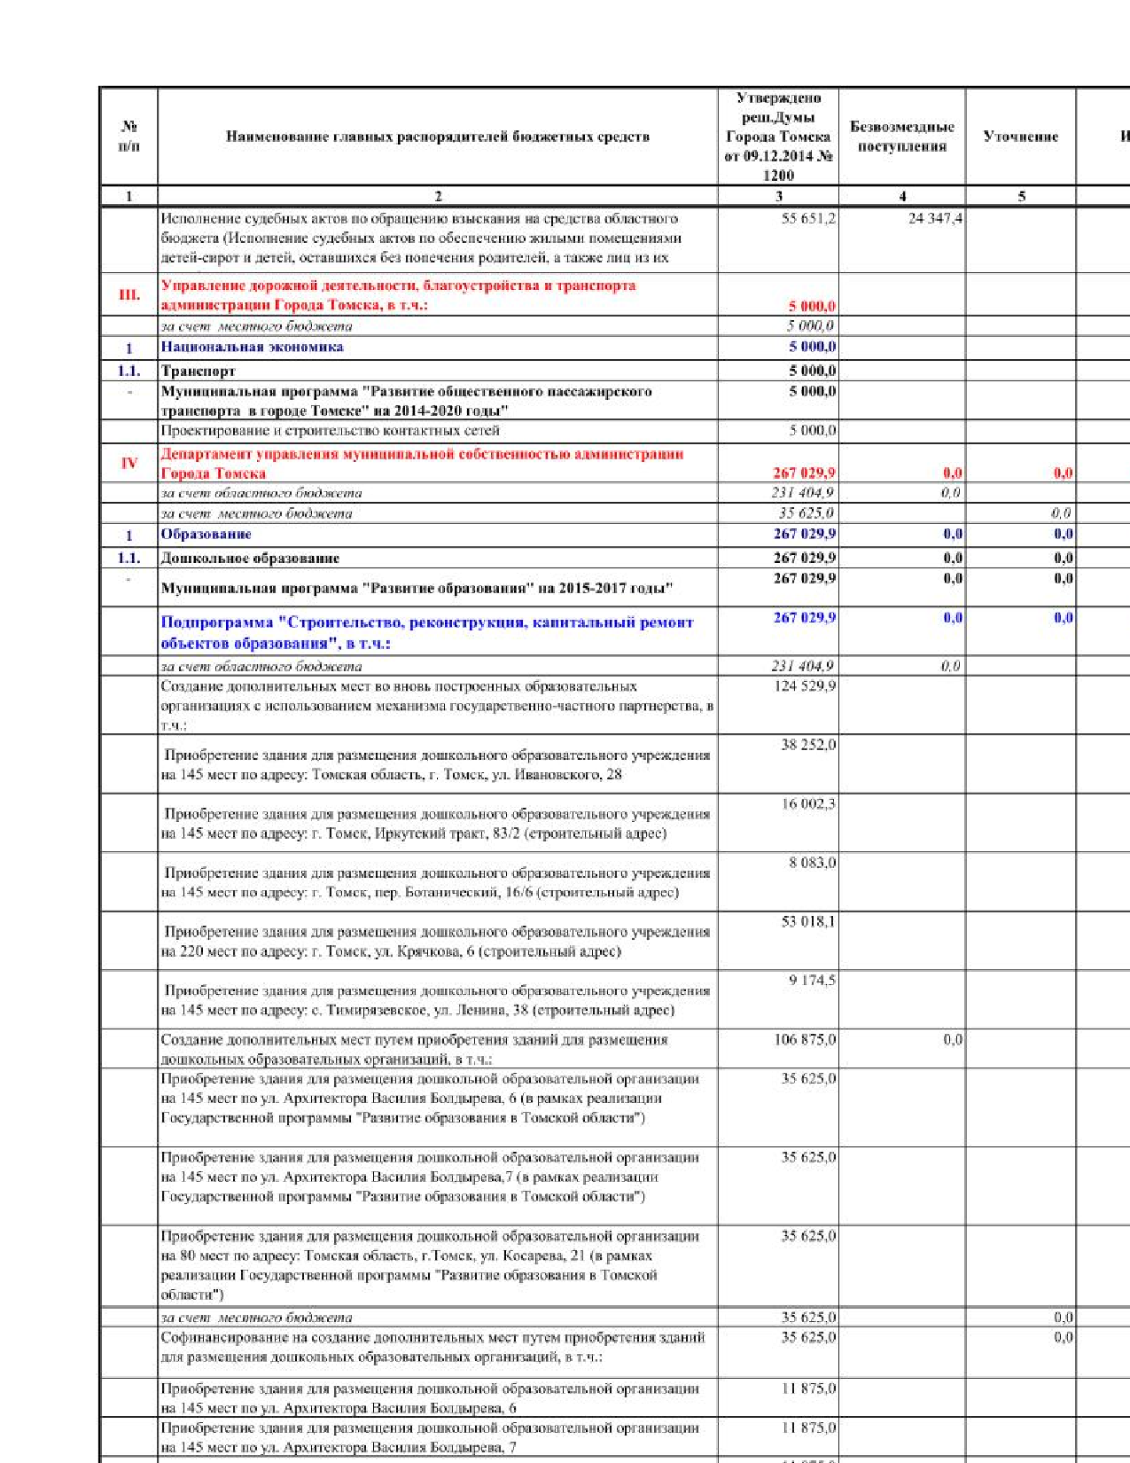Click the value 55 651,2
point(807,218)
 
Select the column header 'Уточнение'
point(1021,137)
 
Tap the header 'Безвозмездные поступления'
point(901,137)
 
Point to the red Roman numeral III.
point(129,294)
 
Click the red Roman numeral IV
point(129,463)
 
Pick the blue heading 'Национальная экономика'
point(252,347)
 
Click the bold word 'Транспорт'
point(198,371)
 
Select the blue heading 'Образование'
point(206,534)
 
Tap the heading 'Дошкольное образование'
point(250,558)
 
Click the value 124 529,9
point(805,685)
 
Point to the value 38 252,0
point(807,745)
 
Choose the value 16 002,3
point(807,804)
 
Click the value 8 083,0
point(812,863)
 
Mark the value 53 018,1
point(807,922)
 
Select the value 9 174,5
point(812,981)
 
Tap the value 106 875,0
point(805,1039)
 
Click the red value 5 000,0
point(812,306)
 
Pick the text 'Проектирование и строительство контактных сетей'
point(330,430)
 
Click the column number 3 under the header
point(778,196)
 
